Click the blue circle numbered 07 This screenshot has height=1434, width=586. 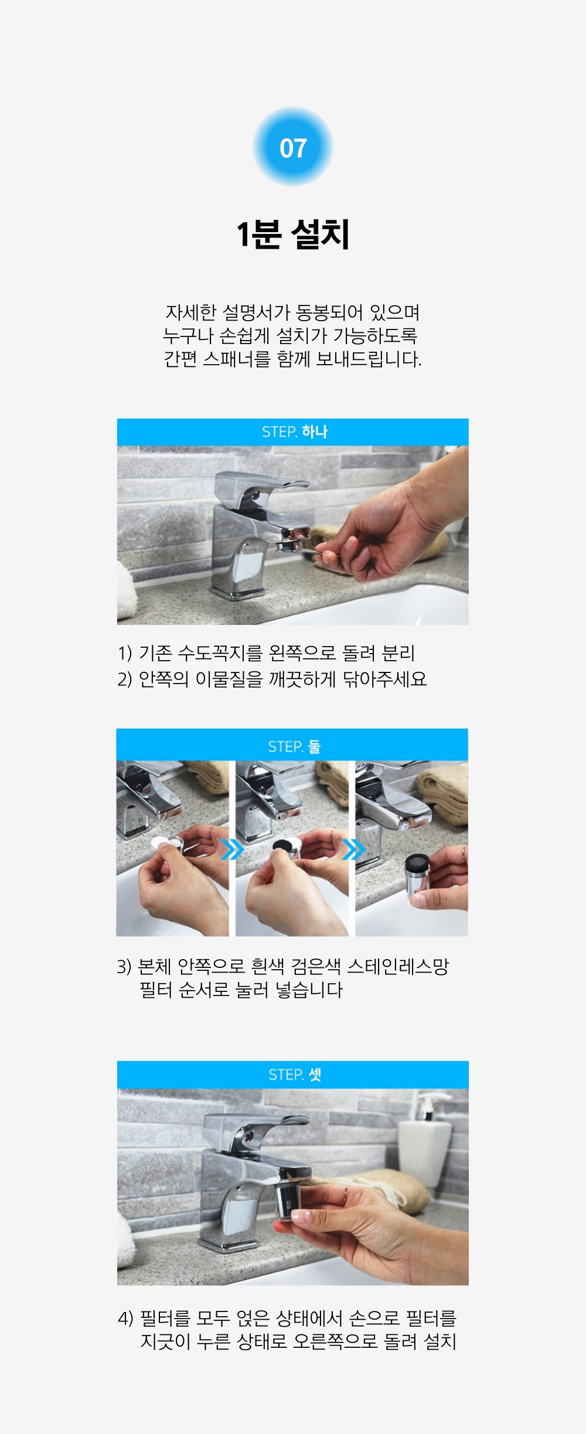(293, 147)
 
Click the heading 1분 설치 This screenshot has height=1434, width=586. (293, 235)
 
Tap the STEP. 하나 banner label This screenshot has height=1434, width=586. (295, 432)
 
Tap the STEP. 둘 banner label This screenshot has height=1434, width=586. (294, 746)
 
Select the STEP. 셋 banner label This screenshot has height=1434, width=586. (295, 1075)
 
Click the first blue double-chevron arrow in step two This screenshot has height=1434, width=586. (232, 849)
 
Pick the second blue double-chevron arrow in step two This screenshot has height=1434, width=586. (353, 849)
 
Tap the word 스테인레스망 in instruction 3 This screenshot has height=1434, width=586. (398, 966)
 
